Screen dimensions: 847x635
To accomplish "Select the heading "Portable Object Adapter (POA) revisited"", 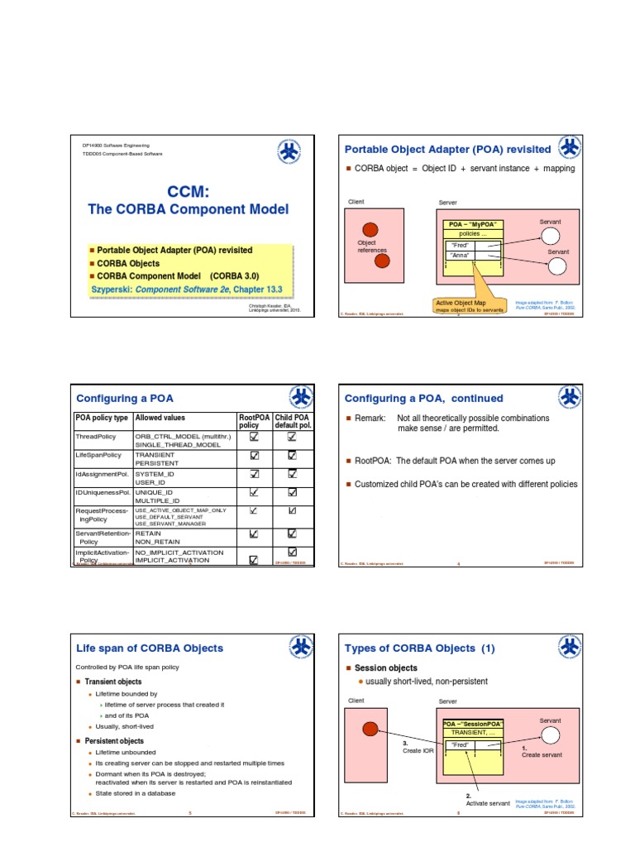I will tap(446, 149).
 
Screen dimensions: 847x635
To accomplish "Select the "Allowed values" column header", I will tap(161, 419).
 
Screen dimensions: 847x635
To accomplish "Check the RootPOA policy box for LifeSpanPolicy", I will tap(254, 456).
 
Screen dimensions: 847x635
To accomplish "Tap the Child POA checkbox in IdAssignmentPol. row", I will tap(292, 474).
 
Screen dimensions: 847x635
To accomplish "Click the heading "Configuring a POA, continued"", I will tap(423, 398).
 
